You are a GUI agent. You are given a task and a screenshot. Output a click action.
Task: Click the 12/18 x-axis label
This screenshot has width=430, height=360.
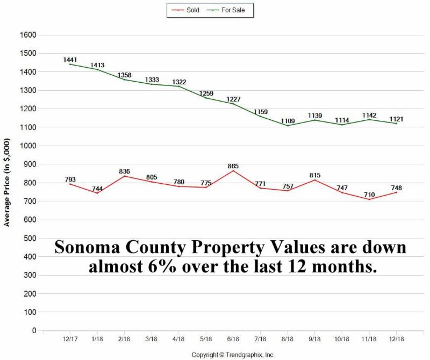click(x=396, y=339)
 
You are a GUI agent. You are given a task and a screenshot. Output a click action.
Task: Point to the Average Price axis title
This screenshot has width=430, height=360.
click(x=7, y=183)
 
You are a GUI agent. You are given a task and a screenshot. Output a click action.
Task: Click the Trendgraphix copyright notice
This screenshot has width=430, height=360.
click(x=233, y=355)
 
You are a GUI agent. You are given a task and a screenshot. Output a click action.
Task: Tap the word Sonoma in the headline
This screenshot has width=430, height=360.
click(x=94, y=247)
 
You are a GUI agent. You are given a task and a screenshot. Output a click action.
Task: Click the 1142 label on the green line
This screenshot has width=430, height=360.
click(x=369, y=116)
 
